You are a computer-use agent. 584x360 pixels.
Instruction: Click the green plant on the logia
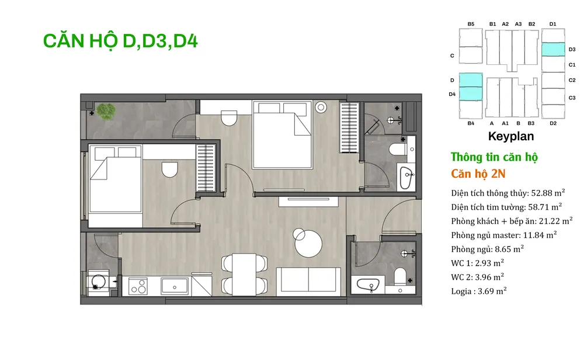click(106, 112)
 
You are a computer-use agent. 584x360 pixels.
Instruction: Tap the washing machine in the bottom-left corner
click(98, 283)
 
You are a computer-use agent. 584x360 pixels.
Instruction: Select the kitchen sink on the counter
click(174, 286)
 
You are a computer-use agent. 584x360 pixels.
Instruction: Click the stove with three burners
click(137, 286)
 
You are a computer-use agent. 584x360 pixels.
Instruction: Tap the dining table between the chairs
click(244, 275)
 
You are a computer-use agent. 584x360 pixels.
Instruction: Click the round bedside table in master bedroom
click(321, 108)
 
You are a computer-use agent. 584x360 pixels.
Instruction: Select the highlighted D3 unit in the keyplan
click(552, 49)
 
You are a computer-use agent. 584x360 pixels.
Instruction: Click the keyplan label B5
click(471, 24)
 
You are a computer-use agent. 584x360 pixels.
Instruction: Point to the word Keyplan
click(511, 136)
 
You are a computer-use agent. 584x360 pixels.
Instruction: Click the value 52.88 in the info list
click(541, 193)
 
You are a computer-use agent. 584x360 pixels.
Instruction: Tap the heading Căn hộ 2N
click(478, 174)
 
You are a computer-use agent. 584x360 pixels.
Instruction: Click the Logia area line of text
click(479, 291)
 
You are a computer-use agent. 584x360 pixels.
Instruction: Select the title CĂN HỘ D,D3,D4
click(120, 41)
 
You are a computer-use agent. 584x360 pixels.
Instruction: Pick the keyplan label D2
click(553, 123)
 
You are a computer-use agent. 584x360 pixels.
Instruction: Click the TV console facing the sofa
click(308, 201)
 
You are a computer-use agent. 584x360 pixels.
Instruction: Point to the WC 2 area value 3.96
click(483, 277)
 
